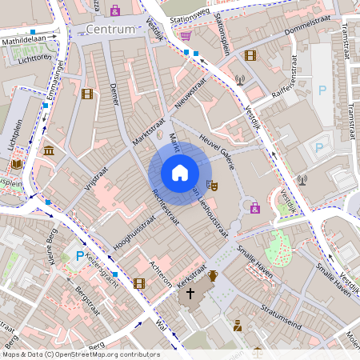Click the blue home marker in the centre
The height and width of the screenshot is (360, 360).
pos(180,173)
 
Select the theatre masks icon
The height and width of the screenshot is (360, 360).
pos(213,185)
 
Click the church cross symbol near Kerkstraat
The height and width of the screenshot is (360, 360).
pos(190,294)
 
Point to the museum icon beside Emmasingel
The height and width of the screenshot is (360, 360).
pos(49,151)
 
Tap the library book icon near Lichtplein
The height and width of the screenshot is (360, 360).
pos(16,164)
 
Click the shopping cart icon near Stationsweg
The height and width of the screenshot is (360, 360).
pos(186,35)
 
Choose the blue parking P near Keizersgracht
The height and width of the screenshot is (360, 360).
pos(79,255)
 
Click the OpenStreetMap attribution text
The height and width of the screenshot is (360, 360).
pos(80,354)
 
